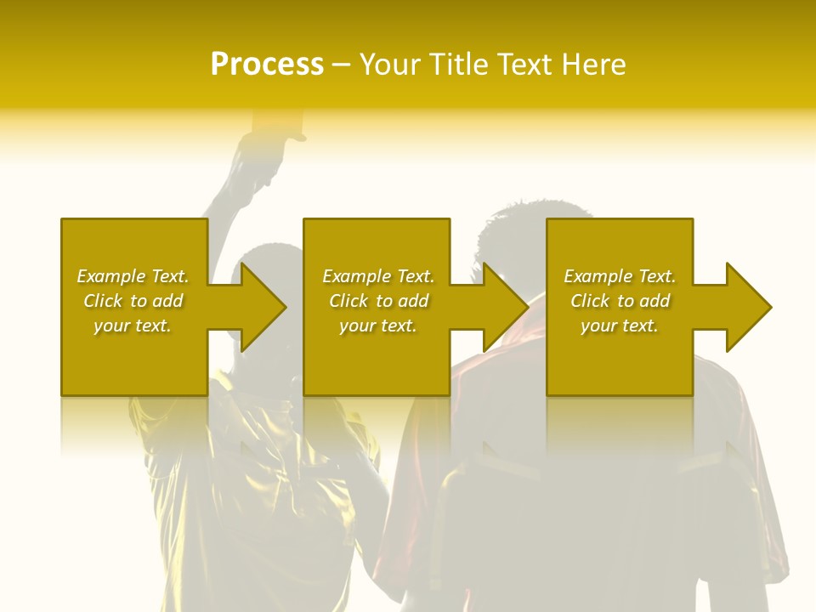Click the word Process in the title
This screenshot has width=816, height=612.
[x=267, y=65]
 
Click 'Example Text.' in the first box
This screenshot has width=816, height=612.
[x=133, y=276]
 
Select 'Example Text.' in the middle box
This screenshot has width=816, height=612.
[x=378, y=276]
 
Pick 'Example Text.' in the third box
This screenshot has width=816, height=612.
[x=620, y=276]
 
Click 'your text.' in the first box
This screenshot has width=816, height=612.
[x=133, y=326]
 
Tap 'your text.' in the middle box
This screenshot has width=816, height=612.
[x=377, y=326]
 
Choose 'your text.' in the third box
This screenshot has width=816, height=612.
[x=619, y=326]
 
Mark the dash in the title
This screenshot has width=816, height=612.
[x=341, y=66]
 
